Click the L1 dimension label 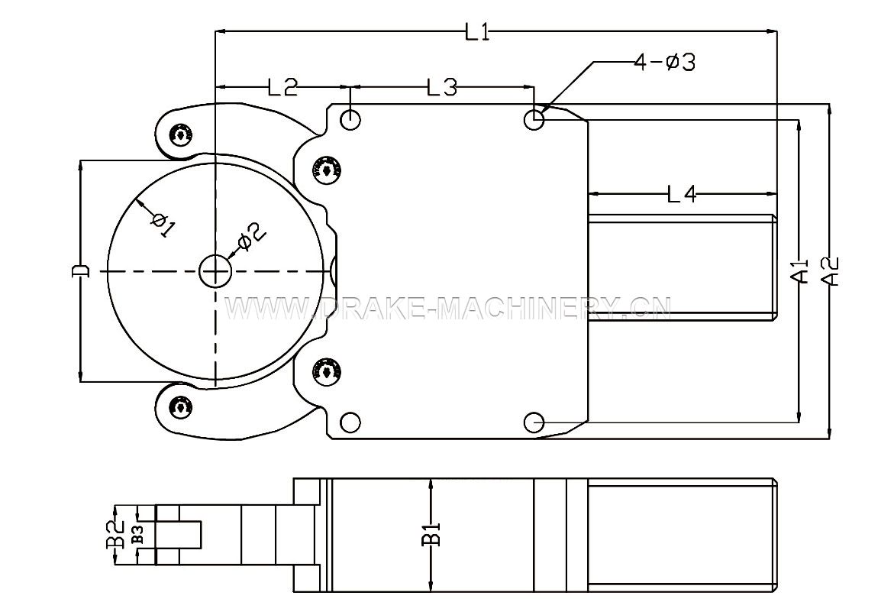point(477,32)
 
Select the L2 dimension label point(282,87)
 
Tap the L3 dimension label point(442,87)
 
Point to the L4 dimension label point(682,195)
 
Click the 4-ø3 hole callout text point(665,62)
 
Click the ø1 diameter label point(163,225)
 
